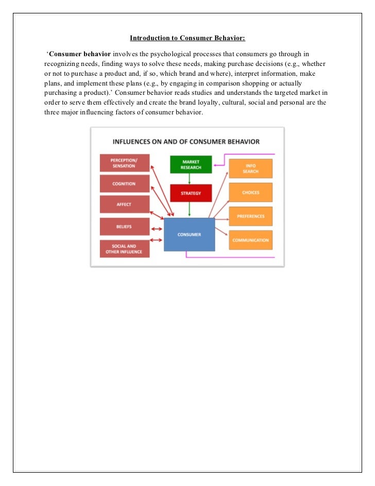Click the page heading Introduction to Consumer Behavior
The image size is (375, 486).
[187, 38]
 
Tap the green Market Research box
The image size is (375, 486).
[191, 164]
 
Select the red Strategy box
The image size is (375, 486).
[191, 193]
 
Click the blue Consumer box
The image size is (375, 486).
[189, 234]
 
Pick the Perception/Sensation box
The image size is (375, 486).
[124, 163]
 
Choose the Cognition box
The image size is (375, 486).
[124, 183]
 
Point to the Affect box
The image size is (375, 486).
[124, 204]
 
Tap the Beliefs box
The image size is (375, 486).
[124, 227]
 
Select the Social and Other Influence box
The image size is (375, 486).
[124, 249]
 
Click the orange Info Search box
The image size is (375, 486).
[250, 169]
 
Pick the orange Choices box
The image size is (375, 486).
[250, 193]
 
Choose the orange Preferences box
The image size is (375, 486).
[250, 216]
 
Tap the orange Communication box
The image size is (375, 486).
[250, 240]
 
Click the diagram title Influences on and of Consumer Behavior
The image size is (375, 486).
[186, 141]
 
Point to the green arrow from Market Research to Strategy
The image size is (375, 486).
[190, 178]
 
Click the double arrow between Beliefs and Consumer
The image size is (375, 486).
[157, 227]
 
